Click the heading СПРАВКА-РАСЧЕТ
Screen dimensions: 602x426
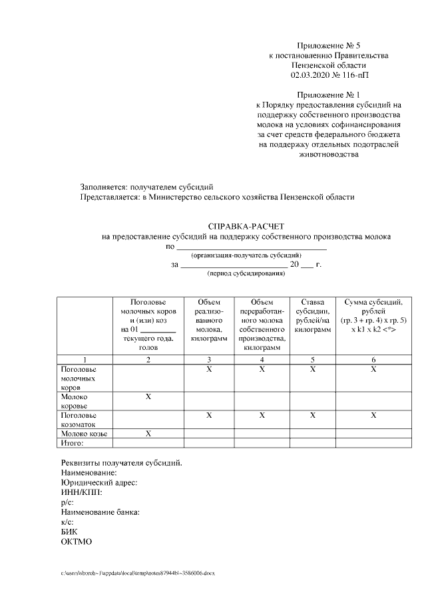pos(246,227)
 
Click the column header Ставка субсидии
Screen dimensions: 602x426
pos(312,316)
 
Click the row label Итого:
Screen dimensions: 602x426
pos(72,442)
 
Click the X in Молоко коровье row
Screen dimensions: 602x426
pos(148,396)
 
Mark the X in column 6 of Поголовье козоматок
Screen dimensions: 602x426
pos(373,415)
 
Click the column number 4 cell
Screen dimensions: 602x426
pos(262,359)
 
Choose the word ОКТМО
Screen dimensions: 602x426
pos(77,541)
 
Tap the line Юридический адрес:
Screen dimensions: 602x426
pos(99,483)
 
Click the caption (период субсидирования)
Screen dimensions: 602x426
pos(246,274)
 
